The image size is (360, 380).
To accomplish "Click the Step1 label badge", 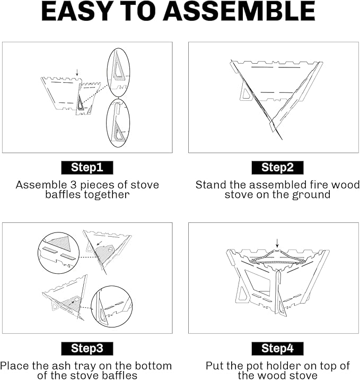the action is [87, 168].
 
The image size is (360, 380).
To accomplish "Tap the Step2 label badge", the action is [277, 168].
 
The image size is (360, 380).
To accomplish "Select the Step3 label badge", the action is [87, 349].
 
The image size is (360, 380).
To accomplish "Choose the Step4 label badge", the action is [277, 349].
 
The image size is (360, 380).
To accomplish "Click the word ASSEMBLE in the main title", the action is [239, 11].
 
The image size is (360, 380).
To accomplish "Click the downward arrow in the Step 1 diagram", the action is [77, 72].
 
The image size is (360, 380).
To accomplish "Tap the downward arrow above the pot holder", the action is [277, 243].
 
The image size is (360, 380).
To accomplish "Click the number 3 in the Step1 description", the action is [74, 185].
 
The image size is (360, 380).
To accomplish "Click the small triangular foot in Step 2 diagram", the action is [245, 95].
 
